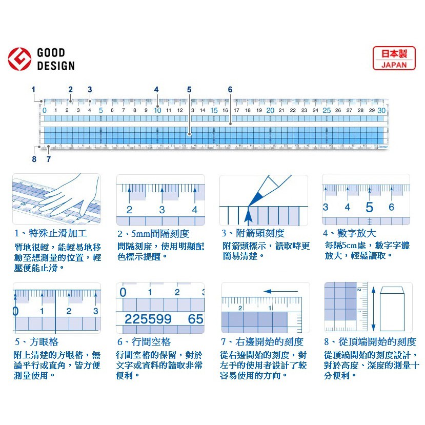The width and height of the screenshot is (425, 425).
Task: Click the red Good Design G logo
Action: (x=19, y=59)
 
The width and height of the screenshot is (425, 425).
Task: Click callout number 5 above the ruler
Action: (x=189, y=90)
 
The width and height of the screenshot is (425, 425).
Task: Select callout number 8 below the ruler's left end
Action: (x=34, y=159)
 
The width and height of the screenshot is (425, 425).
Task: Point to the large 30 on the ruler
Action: (x=381, y=110)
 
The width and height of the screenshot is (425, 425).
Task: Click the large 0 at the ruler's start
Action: (x=44, y=110)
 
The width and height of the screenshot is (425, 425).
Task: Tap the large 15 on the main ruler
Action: (x=214, y=110)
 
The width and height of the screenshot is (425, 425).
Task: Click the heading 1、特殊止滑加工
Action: (x=47, y=234)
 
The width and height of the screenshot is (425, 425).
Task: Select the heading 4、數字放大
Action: (x=349, y=234)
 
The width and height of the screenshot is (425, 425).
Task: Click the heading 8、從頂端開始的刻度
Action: (x=370, y=342)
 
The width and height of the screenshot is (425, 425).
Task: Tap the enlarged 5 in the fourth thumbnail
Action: (x=369, y=208)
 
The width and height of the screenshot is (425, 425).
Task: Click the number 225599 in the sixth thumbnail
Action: (x=148, y=319)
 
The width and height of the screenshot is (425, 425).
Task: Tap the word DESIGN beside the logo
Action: (x=56, y=66)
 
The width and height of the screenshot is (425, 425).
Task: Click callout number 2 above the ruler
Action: (x=71, y=90)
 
